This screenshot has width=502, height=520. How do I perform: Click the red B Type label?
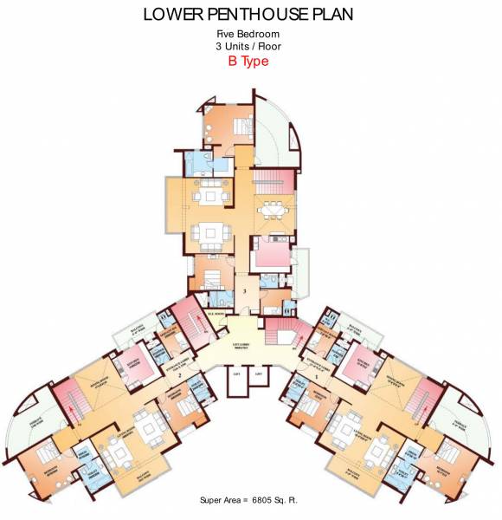tap(248, 62)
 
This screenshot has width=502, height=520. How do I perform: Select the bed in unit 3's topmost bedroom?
tap(241, 127)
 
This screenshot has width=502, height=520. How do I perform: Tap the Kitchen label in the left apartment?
tap(136, 361)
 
